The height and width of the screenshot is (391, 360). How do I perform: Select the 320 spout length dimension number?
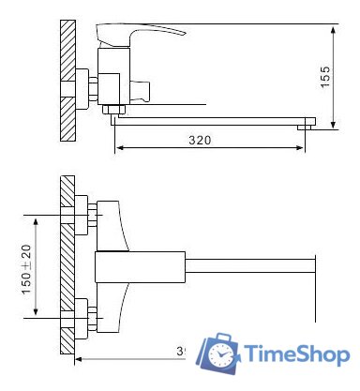coord(198,140)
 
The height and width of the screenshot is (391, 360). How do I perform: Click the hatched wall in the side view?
coord(67,80)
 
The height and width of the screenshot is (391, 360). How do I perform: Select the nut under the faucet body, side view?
coord(113,112)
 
